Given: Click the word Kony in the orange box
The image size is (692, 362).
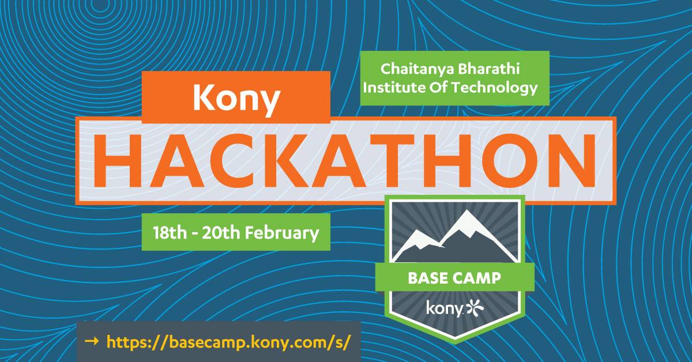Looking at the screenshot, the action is point(236,99).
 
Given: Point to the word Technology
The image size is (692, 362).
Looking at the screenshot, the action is point(495,88).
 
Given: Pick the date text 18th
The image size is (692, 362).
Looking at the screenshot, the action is point(170,233).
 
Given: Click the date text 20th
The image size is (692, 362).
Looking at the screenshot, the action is point(220,233).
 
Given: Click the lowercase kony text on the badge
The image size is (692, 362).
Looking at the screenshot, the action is point(445,308).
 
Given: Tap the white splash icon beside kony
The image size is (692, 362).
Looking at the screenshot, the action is point(475,308).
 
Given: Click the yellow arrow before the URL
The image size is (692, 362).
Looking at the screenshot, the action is point(92,341).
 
